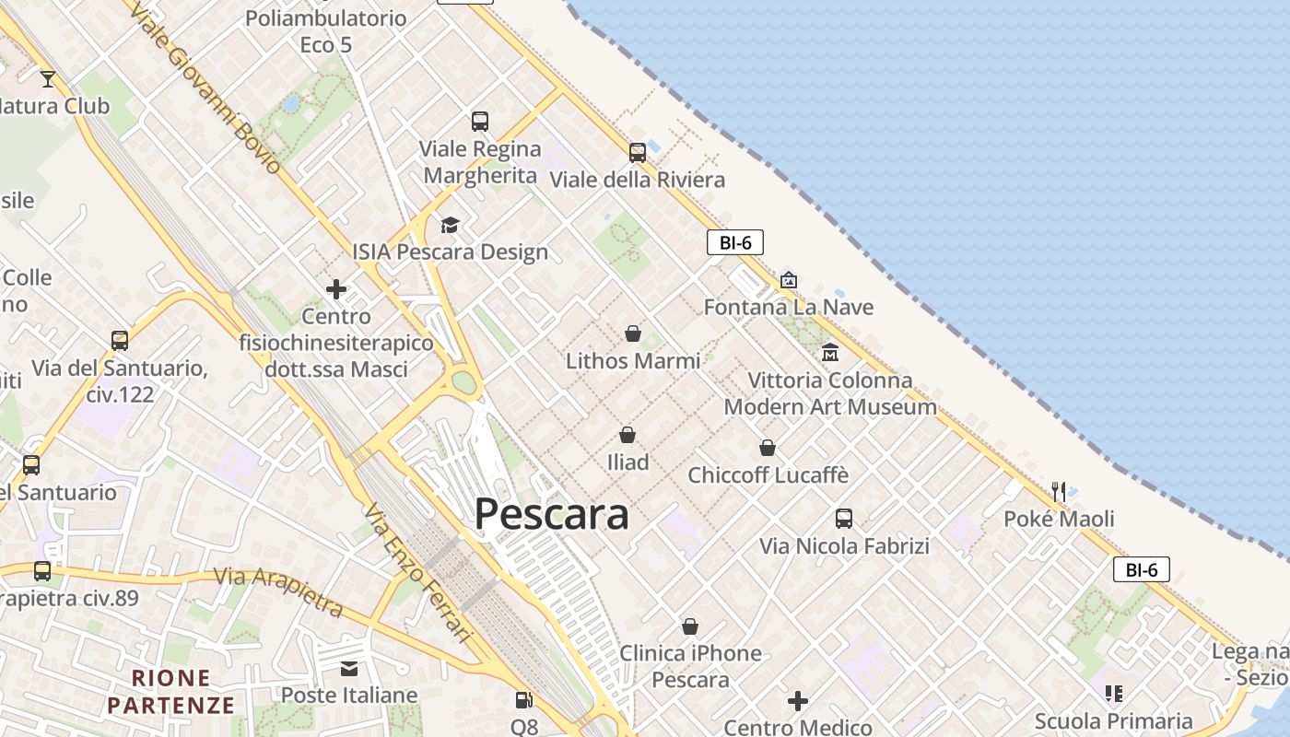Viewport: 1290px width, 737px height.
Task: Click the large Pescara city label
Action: pos(551,514)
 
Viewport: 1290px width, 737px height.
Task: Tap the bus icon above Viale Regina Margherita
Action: pos(480,121)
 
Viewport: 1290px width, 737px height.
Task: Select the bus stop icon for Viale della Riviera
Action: pos(638,152)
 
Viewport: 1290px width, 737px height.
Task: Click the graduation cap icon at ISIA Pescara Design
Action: pos(450,225)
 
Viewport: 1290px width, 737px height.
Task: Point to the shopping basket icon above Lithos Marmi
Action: pos(633,333)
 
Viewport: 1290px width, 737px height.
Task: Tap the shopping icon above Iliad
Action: pos(627,434)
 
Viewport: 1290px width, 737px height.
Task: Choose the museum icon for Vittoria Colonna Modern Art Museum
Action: pos(829,352)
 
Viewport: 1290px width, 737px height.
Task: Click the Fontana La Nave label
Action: pos(788,307)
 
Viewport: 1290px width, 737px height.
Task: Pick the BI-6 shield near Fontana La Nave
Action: pos(734,243)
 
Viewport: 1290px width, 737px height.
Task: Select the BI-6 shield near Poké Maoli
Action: pos(1141,569)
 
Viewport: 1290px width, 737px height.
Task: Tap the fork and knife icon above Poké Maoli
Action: pos(1059,491)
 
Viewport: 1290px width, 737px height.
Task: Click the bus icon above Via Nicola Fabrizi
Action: pos(844,518)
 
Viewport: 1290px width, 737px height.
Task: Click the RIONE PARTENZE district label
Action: pos(170,692)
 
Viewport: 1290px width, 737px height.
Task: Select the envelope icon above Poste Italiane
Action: pos(349,668)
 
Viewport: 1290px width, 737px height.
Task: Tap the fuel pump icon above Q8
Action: pos(523,700)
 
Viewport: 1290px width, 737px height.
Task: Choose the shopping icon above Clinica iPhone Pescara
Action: pos(690,626)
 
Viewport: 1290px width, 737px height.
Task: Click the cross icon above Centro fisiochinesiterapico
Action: pos(336,289)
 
